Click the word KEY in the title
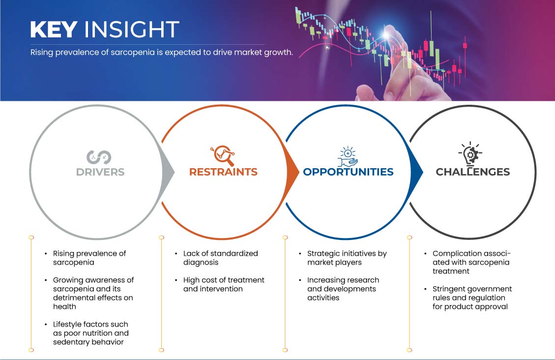click(54, 30)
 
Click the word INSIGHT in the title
click(132, 30)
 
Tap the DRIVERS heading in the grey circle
click(100, 172)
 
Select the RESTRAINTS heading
click(223, 172)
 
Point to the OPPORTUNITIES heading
click(349, 172)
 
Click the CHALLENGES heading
click(473, 172)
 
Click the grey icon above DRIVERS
click(99, 157)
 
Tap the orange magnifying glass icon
click(223, 155)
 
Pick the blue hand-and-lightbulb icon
click(348, 156)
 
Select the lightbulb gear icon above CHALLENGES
click(470, 154)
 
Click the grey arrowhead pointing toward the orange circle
click(168, 173)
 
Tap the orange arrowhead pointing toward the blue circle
click(292, 173)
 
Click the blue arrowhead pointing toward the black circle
click(416, 173)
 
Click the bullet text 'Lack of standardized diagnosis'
click(221, 258)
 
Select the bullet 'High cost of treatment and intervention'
click(224, 284)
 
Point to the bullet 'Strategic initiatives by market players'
click(347, 258)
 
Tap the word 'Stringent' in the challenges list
click(449, 289)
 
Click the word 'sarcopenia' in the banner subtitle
click(133, 53)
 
